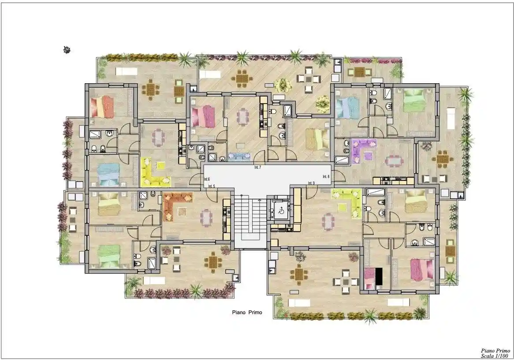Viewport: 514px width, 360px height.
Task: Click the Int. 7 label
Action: tap(257, 168)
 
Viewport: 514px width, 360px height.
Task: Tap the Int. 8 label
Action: tap(326, 177)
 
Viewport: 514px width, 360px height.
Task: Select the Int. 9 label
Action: tap(311, 183)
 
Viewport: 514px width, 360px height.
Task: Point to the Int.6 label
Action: tap(206, 179)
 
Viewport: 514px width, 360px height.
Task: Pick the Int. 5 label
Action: tap(212, 186)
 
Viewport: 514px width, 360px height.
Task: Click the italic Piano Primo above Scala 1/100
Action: tap(495, 351)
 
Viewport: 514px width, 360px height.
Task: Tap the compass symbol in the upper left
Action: tap(67, 50)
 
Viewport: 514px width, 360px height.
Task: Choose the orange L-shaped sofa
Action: tap(177, 206)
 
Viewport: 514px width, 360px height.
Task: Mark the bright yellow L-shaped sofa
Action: tap(154, 172)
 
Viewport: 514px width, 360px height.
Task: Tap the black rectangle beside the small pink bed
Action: tap(379, 276)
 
